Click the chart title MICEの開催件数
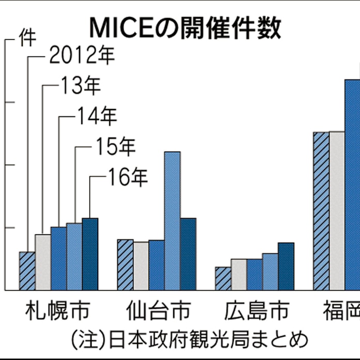185,29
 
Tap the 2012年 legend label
81,55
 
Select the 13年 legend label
80,86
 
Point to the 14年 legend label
97,116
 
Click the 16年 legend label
128,177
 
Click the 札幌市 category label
57,313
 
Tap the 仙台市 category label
158,313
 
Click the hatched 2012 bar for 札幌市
27,271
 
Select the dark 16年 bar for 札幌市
90,254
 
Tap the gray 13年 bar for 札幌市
43,262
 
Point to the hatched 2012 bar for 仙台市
125,265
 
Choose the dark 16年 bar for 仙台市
188,254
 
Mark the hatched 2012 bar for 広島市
223,279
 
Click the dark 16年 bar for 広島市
286,266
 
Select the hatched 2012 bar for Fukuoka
321,211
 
